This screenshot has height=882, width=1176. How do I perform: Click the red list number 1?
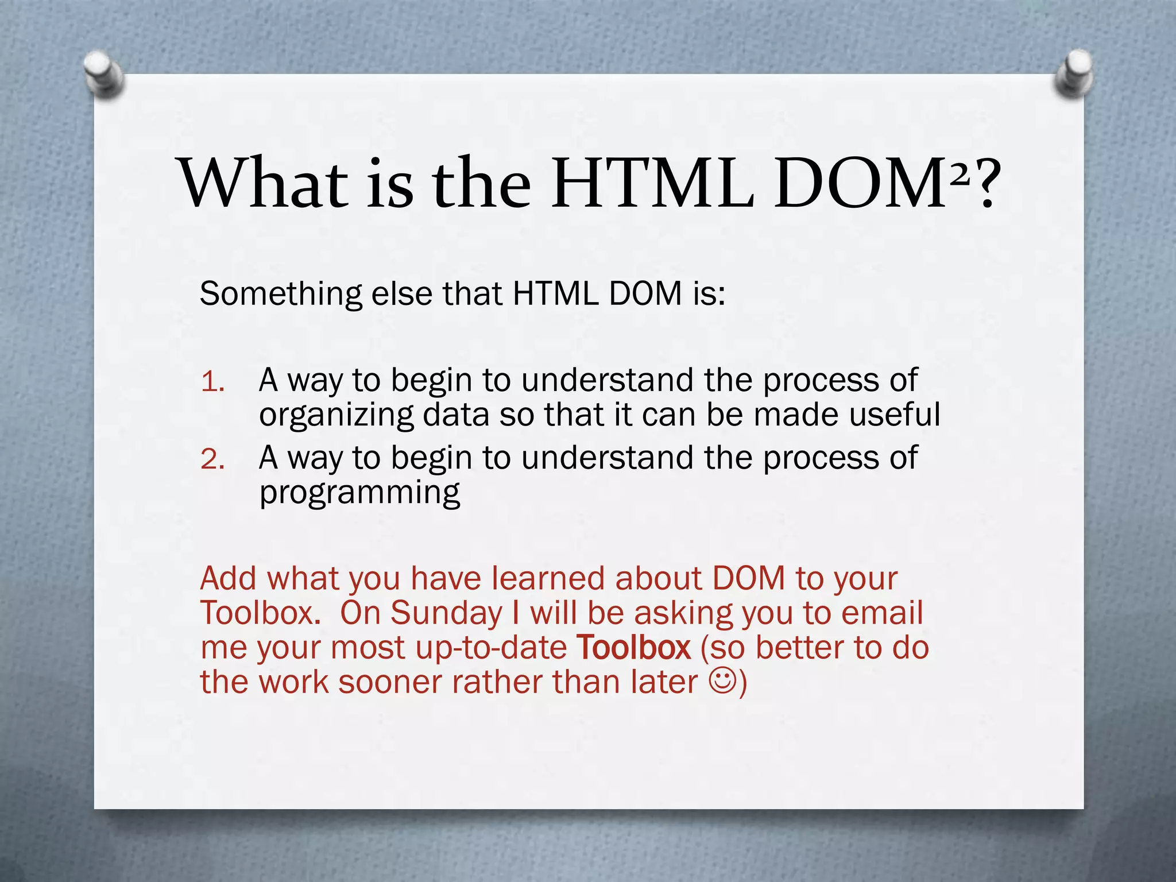pos(212,382)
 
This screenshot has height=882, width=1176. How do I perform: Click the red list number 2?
pos(212,459)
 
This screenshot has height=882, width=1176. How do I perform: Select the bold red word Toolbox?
pos(633,647)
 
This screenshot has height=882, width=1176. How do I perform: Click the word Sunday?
pos(446,613)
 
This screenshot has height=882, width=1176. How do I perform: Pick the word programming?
pos(359,493)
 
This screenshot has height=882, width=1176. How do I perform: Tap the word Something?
pos(281,294)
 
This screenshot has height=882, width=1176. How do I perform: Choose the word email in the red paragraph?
pos(882,612)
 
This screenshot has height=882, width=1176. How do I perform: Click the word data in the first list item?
pos(455,415)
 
